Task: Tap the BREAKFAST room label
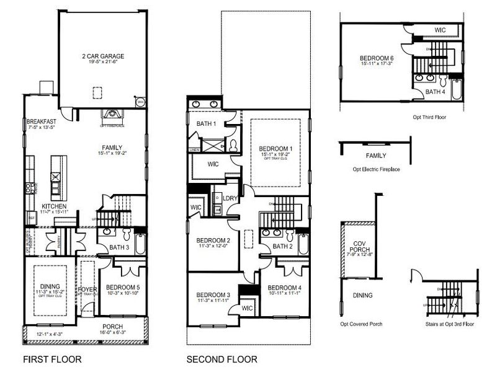click(x=41, y=122)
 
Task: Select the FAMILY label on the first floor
click(x=112, y=148)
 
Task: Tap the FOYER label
click(x=86, y=290)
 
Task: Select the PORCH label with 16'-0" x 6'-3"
click(x=112, y=327)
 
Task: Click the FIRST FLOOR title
click(x=52, y=359)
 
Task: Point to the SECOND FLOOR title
click(x=222, y=359)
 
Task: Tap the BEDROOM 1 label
click(x=275, y=149)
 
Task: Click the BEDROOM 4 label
click(x=285, y=287)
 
